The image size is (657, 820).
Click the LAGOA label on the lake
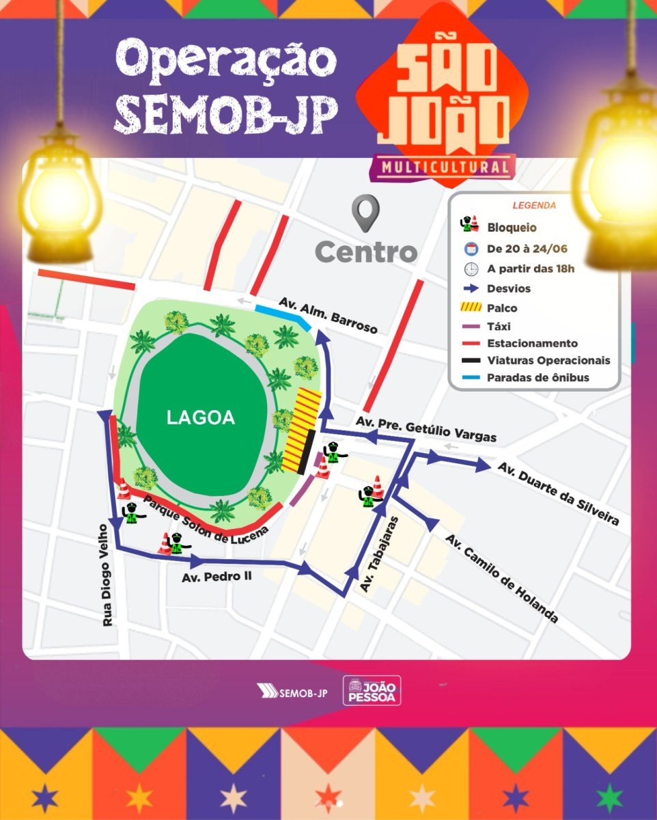point(201,418)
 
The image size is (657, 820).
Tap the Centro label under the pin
point(366,252)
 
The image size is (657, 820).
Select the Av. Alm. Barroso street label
point(328,315)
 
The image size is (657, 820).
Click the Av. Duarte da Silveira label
point(558,494)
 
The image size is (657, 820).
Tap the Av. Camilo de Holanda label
point(501,578)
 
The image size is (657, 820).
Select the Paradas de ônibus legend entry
point(537,377)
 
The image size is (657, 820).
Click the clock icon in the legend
point(471,268)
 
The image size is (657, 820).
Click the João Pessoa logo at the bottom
point(372,690)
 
